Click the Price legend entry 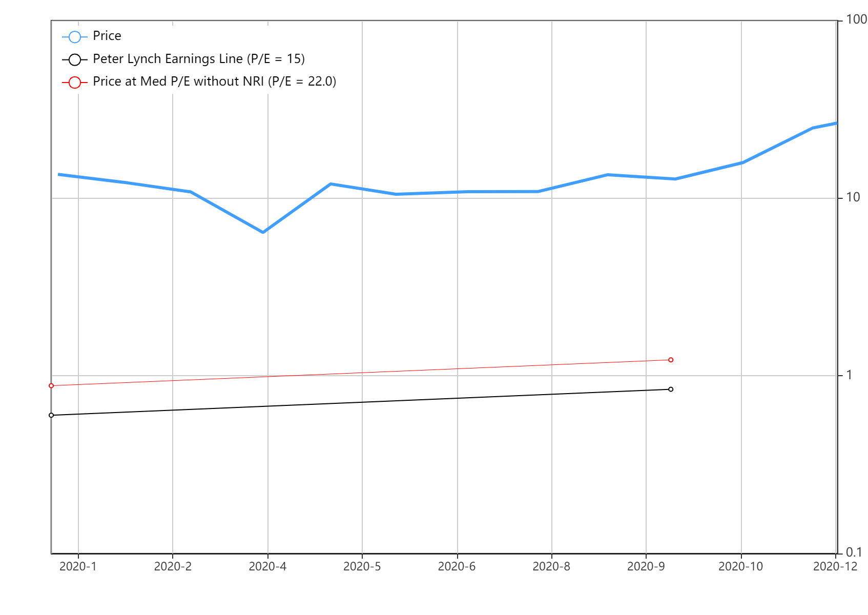tap(107, 36)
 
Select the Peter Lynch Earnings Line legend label tap(198, 59)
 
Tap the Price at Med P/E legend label tap(214, 81)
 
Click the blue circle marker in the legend tap(75, 37)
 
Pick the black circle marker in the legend tap(75, 60)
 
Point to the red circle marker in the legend tap(75, 83)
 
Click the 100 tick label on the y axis tap(856, 20)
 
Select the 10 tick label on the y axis tap(853, 197)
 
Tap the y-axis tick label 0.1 tap(854, 552)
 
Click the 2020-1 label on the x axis tap(78, 566)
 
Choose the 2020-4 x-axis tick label tap(267, 566)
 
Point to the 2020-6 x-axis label tap(457, 566)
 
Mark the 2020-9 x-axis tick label tap(646, 566)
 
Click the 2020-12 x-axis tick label tap(835, 566)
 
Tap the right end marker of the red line tap(671, 360)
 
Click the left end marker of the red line tap(51, 385)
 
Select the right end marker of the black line tap(671, 389)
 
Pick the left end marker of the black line tap(51, 415)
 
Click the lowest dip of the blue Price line tap(263, 232)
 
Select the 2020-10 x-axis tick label tap(740, 566)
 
